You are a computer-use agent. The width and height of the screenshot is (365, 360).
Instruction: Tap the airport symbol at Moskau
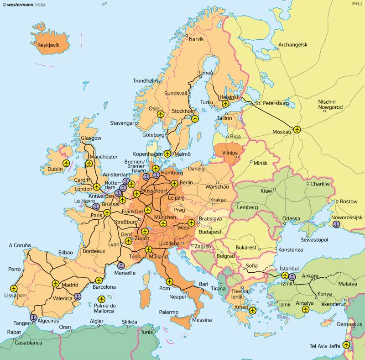tap(297, 130)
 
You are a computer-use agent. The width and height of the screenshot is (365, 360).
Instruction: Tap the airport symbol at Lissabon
tap(13, 288)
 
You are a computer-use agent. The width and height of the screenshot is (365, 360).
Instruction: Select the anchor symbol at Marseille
tap(121, 265)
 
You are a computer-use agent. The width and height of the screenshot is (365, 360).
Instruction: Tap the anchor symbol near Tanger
tap(34, 318)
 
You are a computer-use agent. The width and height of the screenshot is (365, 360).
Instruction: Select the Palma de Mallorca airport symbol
tap(100, 299)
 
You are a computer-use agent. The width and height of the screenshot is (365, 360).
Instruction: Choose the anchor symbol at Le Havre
tap(96, 206)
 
